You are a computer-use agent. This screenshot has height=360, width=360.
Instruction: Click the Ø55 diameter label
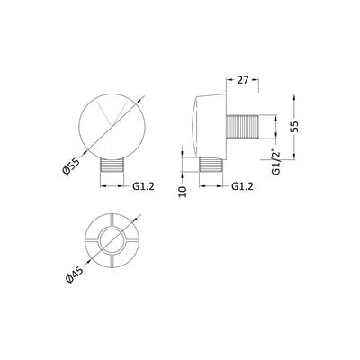point(71,166)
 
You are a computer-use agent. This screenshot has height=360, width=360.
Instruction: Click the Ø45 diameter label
point(75,274)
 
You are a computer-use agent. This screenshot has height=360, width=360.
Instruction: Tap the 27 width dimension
point(243,80)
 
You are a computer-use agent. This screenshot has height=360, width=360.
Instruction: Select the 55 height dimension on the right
point(295,127)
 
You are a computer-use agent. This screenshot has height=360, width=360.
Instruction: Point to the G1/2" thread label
point(275,163)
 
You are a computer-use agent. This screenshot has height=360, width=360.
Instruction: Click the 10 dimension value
point(183,192)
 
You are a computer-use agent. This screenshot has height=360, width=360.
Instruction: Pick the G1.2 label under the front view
point(143,186)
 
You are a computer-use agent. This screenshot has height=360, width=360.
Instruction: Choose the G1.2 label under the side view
point(242,186)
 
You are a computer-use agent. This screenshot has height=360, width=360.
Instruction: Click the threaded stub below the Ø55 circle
point(112,165)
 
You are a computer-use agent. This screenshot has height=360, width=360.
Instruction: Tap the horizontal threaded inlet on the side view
point(242,127)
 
